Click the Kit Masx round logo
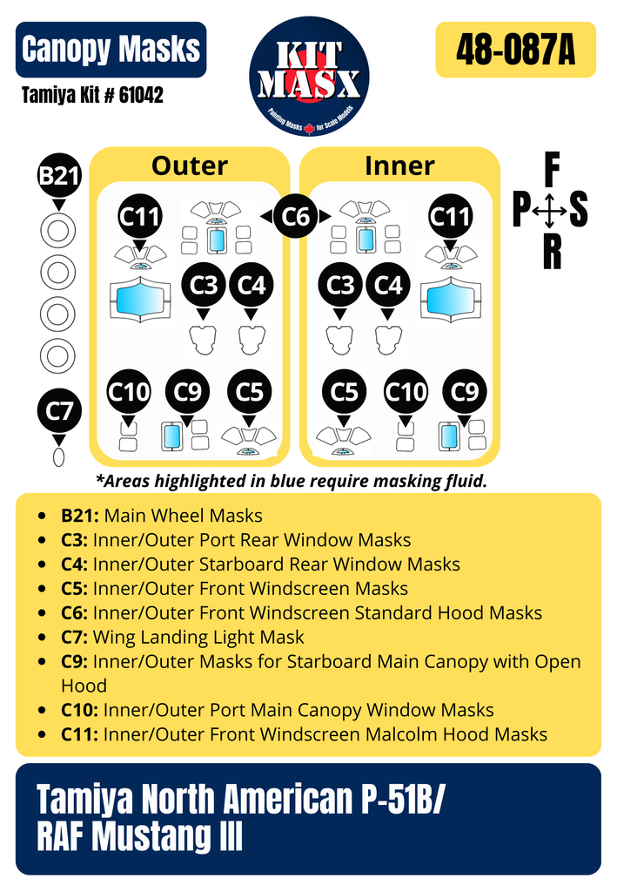point(309,77)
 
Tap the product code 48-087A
point(515,50)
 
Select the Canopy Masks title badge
point(111,50)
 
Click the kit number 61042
point(141,95)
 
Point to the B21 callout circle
point(59,175)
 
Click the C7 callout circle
point(59,411)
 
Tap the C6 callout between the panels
point(295,216)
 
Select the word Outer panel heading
point(189,166)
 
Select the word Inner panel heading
point(399,166)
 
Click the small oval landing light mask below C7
point(58,456)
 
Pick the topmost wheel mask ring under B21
point(58,231)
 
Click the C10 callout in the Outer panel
point(129,391)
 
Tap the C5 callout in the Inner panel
point(344,391)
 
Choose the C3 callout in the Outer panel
point(204,285)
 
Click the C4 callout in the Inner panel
point(388,285)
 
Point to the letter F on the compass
point(552,170)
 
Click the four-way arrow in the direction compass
point(549,211)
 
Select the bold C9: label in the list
point(75,662)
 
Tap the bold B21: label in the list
point(79,516)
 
